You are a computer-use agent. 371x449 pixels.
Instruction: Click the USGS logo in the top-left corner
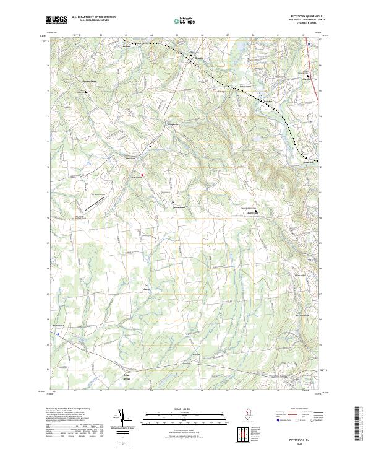click(x=56, y=20)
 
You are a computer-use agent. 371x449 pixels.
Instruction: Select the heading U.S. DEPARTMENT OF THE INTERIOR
click(x=93, y=17)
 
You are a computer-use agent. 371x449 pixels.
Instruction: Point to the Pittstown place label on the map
click(x=130, y=159)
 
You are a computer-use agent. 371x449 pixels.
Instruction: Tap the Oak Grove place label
click(x=147, y=287)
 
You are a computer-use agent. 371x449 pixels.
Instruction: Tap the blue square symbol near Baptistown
click(x=58, y=333)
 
